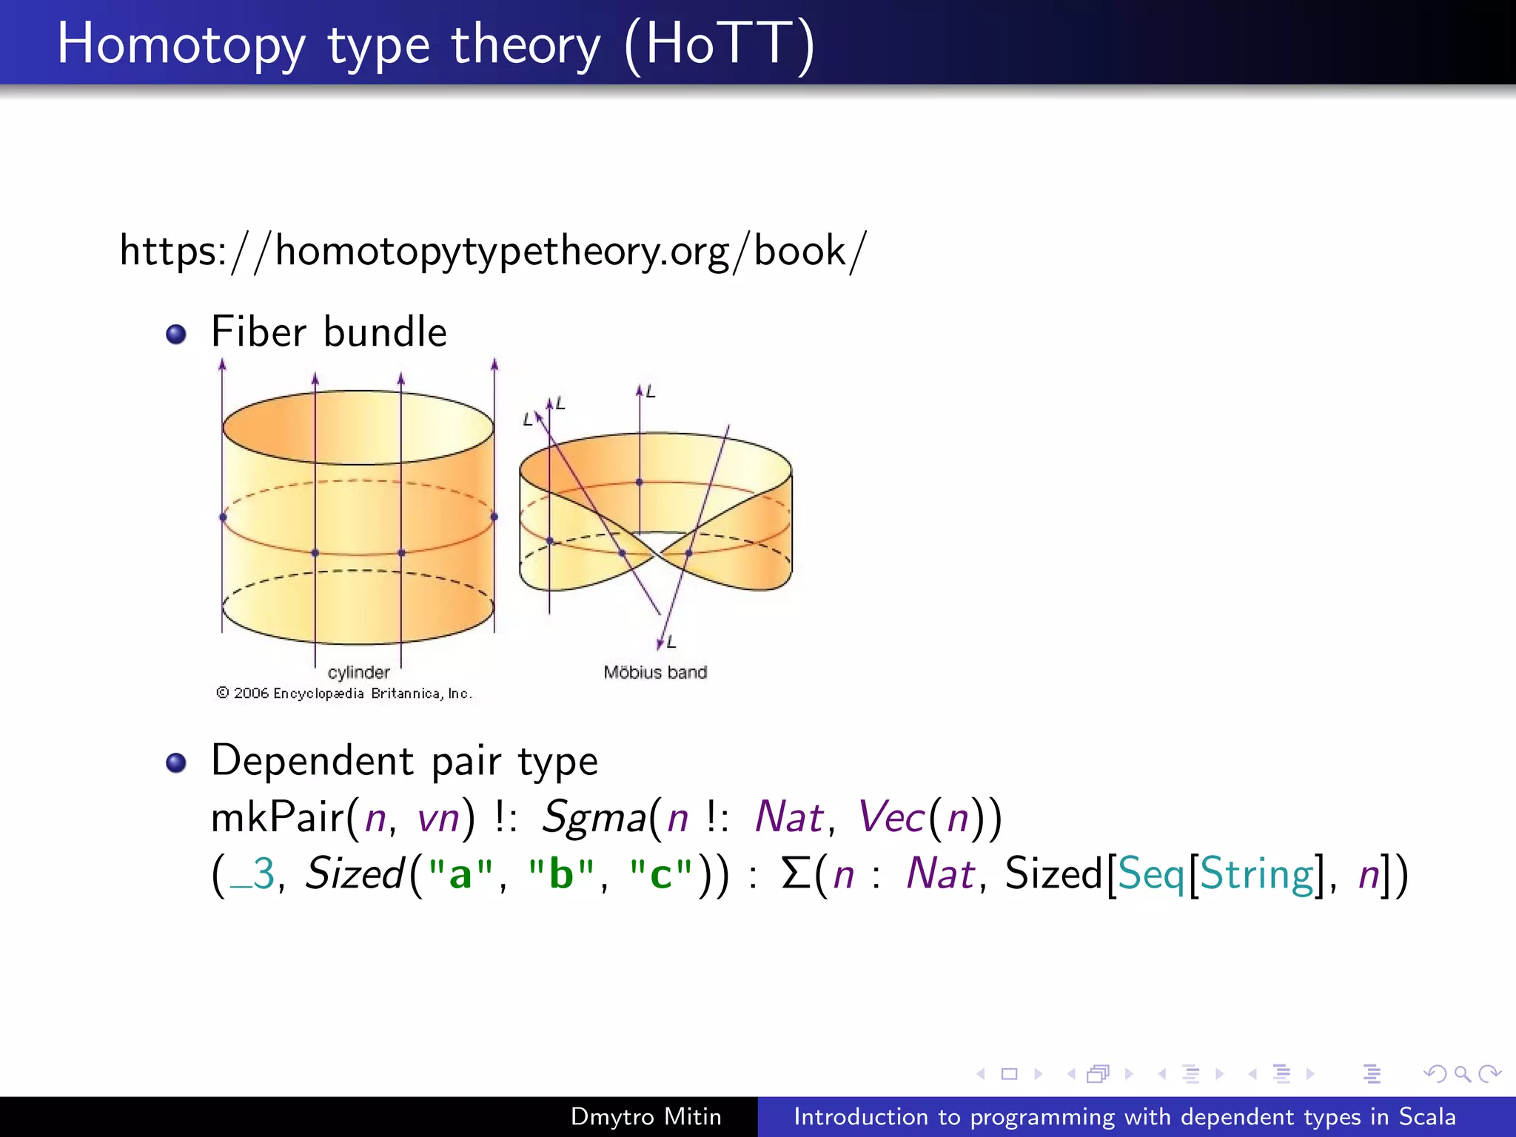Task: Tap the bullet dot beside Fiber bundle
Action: [x=176, y=335]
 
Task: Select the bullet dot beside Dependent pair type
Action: [x=176, y=762]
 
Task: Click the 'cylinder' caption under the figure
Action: [x=358, y=672]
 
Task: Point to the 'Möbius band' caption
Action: [x=655, y=672]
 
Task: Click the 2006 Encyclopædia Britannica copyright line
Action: [x=344, y=694]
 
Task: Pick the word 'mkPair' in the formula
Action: [x=278, y=819]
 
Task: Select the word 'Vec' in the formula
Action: [x=891, y=818]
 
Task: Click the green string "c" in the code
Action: [x=660, y=874]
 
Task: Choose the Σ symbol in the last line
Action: [x=796, y=873]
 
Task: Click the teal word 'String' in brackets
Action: [x=1256, y=874]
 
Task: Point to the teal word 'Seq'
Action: [x=1152, y=874]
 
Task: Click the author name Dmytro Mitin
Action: [x=645, y=1116]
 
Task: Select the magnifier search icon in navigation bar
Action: [x=1462, y=1073]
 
